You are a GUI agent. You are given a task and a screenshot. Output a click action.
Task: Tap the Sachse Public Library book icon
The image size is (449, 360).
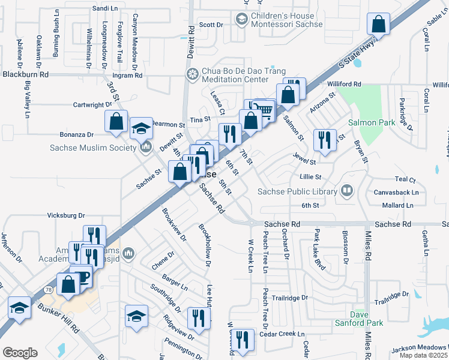click(x=346, y=191)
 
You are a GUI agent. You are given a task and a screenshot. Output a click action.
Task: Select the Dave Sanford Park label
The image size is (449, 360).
click(x=366, y=319)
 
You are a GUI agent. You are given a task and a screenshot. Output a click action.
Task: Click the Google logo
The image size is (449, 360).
click(x=20, y=353)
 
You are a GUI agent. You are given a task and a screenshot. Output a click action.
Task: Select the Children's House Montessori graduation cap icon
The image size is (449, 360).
click(x=241, y=20)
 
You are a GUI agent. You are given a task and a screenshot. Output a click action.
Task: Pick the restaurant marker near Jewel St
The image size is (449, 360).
click(x=325, y=140)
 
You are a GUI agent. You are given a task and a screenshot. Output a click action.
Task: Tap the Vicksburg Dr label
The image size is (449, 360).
click(x=67, y=215)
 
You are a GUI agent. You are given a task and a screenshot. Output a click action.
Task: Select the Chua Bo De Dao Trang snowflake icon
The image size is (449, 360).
click(x=193, y=74)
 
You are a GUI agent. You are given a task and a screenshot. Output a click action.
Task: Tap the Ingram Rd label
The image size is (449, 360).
click(x=127, y=76)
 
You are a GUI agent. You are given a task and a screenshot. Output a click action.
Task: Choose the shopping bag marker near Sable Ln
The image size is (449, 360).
click(x=379, y=24)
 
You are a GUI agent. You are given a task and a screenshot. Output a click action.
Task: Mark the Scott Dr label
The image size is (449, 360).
click(x=211, y=25)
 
